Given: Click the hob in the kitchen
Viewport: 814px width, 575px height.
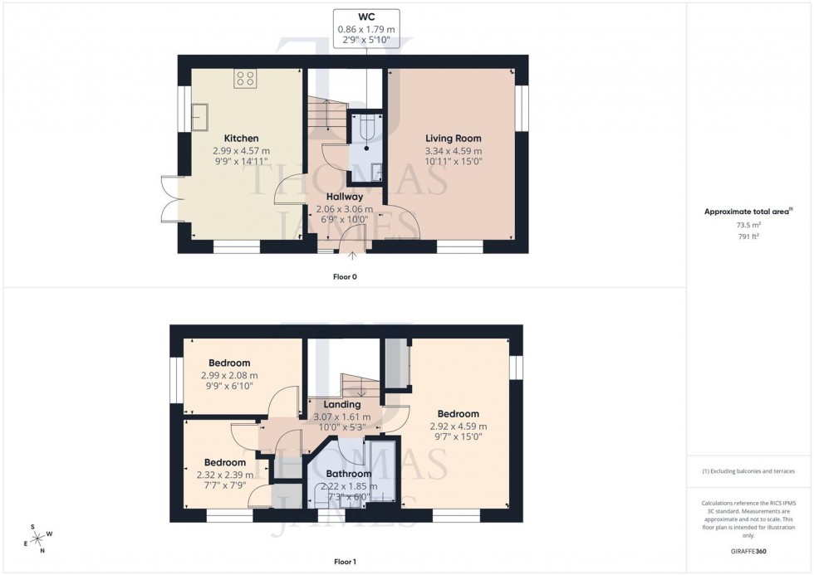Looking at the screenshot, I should tap(245, 79).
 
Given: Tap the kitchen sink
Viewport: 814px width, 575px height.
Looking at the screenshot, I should tap(200, 117).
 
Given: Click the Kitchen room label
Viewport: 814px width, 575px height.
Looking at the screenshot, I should tap(241, 139).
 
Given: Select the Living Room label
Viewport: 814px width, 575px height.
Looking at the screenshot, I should tap(453, 139).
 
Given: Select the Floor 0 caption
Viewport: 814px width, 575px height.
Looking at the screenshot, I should tap(344, 276).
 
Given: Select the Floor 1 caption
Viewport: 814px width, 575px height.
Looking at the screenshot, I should tap(344, 562).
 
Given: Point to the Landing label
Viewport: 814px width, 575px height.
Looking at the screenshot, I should tap(341, 405).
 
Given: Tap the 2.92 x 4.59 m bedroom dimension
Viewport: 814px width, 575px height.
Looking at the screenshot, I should tap(458, 426).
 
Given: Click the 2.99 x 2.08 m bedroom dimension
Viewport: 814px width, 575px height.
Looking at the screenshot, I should tap(229, 375).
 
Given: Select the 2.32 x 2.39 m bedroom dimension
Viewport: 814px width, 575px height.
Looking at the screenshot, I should tap(224, 475).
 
